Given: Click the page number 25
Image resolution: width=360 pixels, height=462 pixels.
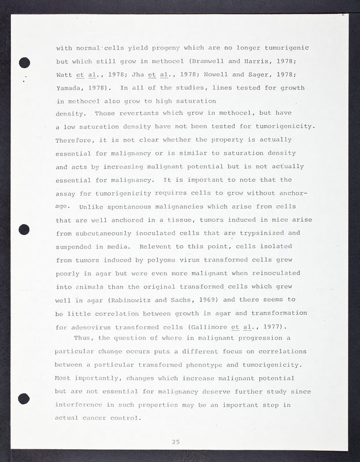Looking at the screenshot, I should coord(176,442).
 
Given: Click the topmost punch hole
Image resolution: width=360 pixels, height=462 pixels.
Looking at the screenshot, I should coord(24,63).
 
